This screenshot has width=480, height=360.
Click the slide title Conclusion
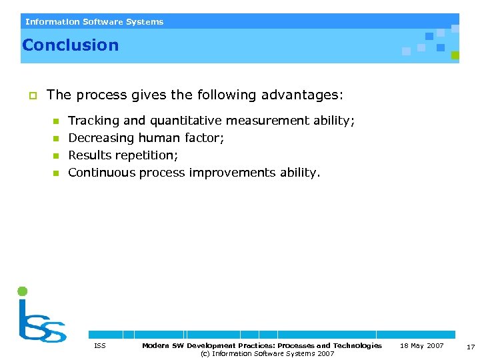point(70,45)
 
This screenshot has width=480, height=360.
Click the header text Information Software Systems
point(94,22)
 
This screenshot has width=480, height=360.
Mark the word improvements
point(231,173)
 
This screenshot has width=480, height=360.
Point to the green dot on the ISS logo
point(22,291)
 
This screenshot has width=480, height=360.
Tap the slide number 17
point(471,347)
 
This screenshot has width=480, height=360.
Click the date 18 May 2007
point(421,345)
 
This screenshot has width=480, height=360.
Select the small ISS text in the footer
point(100,345)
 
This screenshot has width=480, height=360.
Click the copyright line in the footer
point(267,353)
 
